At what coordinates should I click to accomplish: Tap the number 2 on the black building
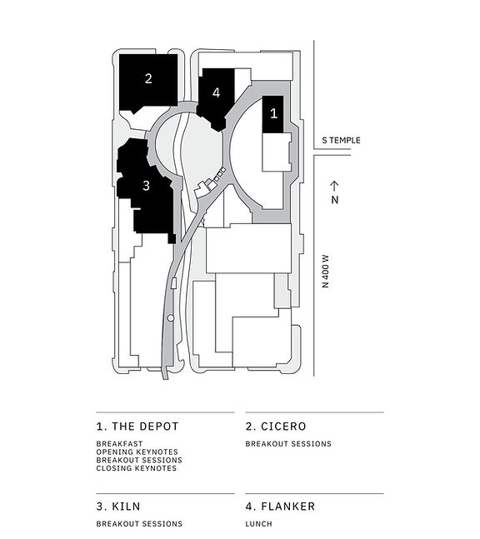click(x=148, y=79)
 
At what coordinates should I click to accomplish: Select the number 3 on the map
click(x=146, y=186)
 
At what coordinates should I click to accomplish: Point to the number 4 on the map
click(x=216, y=92)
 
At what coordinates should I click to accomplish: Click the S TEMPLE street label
click(x=341, y=140)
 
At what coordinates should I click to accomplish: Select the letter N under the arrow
click(x=334, y=200)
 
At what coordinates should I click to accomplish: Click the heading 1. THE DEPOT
click(x=137, y=426)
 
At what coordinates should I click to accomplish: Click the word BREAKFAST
click(x=119, y=444)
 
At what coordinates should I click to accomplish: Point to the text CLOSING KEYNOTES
click(x=137, y=468)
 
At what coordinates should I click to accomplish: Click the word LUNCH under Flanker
click(x=258, y=524)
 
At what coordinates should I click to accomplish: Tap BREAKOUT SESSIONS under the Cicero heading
click(x=288, y=444)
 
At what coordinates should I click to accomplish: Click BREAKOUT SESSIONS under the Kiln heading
click(x=139, y=524)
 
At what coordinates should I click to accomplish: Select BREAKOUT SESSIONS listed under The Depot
click(x=139, y=460)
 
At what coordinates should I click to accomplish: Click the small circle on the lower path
click(x=171, y=318)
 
